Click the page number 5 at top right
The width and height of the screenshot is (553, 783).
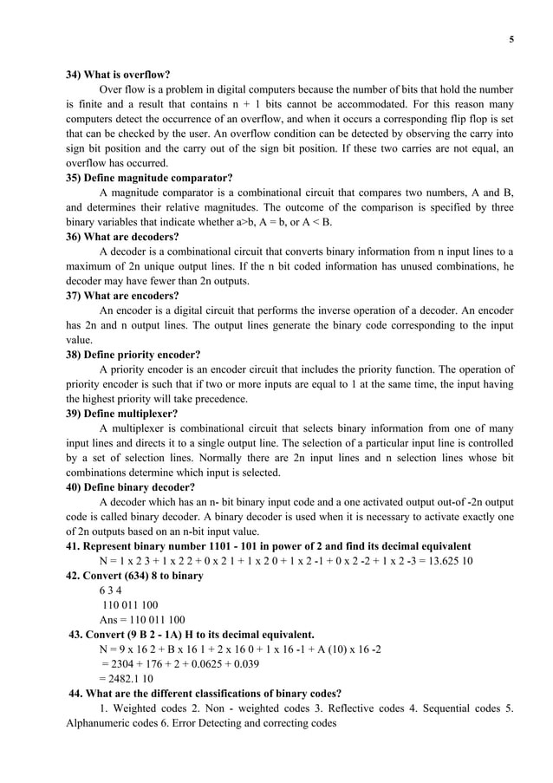(511, 37)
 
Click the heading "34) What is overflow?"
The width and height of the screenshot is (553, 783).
(118, 75)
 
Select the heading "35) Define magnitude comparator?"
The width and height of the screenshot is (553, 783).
(149, 178)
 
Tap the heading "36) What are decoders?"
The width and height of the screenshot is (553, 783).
(123, 237)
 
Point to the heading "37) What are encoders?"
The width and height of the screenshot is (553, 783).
(123, 296)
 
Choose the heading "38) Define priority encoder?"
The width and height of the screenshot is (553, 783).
(133, 355)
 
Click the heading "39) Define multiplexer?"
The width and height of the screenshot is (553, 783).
(122, 414)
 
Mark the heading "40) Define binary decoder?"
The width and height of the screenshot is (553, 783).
(131, 487)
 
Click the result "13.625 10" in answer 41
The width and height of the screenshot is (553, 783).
(449, 561)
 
